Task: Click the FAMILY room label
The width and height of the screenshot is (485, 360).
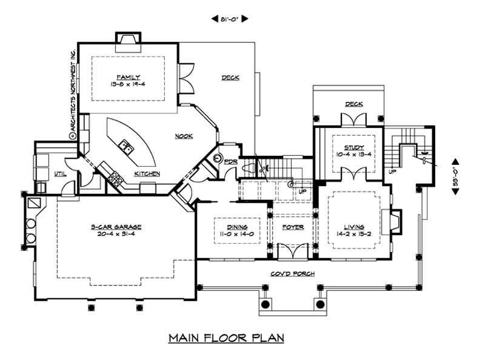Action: (x=129, y=77)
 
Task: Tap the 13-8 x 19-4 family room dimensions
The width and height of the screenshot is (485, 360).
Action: (x=129, y=84)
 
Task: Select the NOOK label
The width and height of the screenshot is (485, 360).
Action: (x=184, y=136)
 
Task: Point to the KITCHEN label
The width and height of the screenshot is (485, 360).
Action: (x=147, y=174)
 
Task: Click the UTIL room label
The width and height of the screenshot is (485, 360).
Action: (x=60, y=173)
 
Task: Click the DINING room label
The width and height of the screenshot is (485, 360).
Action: (x=230, y=227)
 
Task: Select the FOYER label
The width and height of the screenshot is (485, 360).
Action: (x=293, y=227)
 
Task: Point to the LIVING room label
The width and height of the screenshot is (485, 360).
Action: (x=353, y=227)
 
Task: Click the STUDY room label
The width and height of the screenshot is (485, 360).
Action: (x=353, y=147)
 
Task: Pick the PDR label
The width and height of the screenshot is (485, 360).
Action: (x=230, y=162)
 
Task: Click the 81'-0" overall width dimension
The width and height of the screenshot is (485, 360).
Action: (x=230, y=19)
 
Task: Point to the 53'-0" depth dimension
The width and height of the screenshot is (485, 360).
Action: (x=455, y=176)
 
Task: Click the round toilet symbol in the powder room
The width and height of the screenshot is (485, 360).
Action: (x=218, y=158)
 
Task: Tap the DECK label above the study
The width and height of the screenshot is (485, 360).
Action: (x=353, y=104)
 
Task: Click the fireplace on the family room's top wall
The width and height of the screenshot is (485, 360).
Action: (x=128, y=39)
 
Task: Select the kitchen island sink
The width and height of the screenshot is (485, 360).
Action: (x=126, y=145)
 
